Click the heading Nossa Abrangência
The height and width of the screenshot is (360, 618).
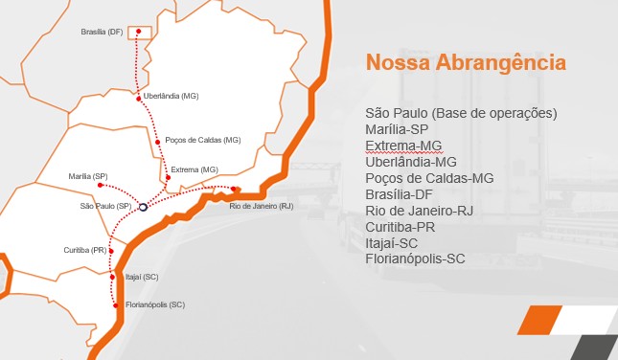point(465,63)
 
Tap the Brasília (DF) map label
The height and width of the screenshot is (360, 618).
point(102,33)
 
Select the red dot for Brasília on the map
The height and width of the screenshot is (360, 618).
point(139,32)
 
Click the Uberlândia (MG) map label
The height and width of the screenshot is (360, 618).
point(171,97)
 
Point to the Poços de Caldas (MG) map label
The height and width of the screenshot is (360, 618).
point(203,140)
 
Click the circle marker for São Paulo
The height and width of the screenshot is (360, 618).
point(142,205)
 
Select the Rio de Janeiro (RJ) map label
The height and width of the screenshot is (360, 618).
point(262,206)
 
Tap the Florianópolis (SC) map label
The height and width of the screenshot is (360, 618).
point(154,304)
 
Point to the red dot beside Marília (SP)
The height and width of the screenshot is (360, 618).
point(101,185)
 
